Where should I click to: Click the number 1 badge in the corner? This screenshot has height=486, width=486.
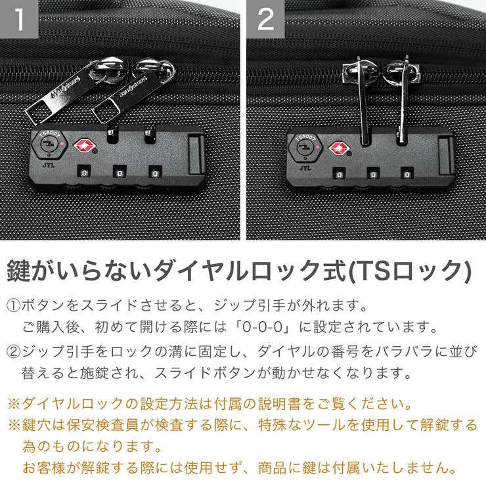[x=20, y=19]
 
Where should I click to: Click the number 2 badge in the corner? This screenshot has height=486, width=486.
[x=265, y=19]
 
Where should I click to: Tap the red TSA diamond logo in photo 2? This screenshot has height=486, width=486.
[x=338, y=148]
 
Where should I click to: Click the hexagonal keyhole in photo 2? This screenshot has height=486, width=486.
[x=303, y=148]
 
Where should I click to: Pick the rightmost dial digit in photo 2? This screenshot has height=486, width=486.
[x=407, y=174]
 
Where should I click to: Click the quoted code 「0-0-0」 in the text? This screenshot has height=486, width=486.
[x=263, y=326]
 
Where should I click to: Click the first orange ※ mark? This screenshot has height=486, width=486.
[x=14, y=402]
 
